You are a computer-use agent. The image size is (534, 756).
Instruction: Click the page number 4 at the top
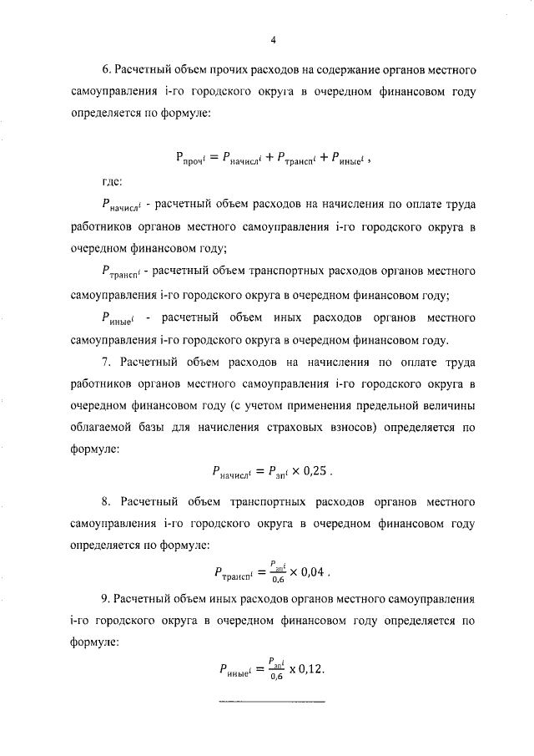tap(272, 40)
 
